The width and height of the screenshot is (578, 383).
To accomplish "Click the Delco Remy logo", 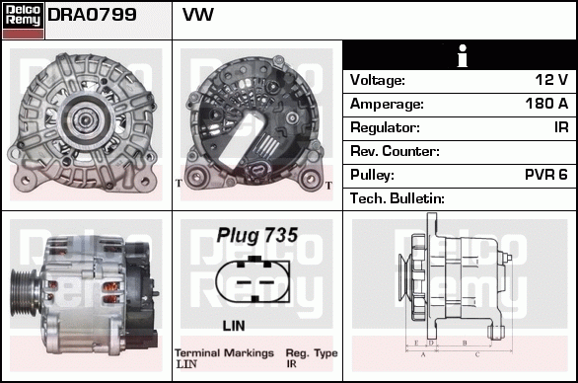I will click(x=24, y=19).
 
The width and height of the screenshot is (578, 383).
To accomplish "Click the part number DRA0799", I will click(x=92, y=16).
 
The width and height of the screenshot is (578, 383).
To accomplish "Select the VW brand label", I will click(x=198, y=16).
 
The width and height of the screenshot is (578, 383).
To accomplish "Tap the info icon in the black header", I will click(x=460, y=55).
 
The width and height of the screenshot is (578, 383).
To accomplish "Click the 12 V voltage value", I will click(x=551, y=80).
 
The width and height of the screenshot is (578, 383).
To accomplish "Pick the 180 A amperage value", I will click(x=546, y=104).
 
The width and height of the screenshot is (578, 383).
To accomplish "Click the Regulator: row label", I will click(x=386, y=127).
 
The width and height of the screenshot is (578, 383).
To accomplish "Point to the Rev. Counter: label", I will click(x=395, y=151).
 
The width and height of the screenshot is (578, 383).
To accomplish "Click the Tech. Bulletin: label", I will click(x=397, y=198).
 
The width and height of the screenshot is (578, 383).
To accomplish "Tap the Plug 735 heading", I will click(x=256, y=236).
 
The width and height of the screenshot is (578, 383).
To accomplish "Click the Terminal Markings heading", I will click(x=224, y=352).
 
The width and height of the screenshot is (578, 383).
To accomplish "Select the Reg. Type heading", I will click(x=311, y=352).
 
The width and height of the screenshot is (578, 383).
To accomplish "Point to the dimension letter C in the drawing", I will click(x=477, y=352).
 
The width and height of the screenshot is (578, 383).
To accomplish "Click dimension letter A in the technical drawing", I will click(x=422, y=352).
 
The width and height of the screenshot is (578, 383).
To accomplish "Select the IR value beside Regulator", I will click(x=560, y=127).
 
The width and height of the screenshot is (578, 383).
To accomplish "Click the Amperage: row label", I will click(x=387, y=104).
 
